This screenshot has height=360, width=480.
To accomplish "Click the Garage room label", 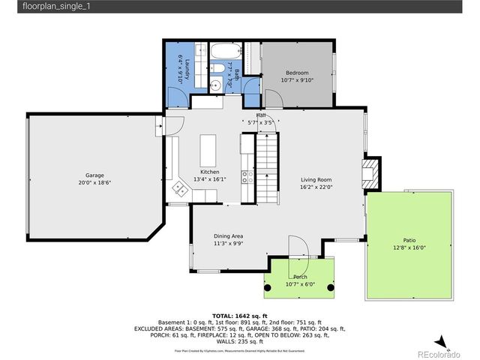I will pos(94,175).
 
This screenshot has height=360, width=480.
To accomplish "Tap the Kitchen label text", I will pos(209,172).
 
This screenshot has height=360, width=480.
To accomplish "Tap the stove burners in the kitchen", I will pos(245,177).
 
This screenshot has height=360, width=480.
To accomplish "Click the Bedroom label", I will pos(296,73).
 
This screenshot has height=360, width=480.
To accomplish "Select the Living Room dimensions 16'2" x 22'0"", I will pos(316,187).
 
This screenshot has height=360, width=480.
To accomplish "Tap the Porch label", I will pos(300,277).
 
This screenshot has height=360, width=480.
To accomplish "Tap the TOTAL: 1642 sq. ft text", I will pos(239,316).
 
